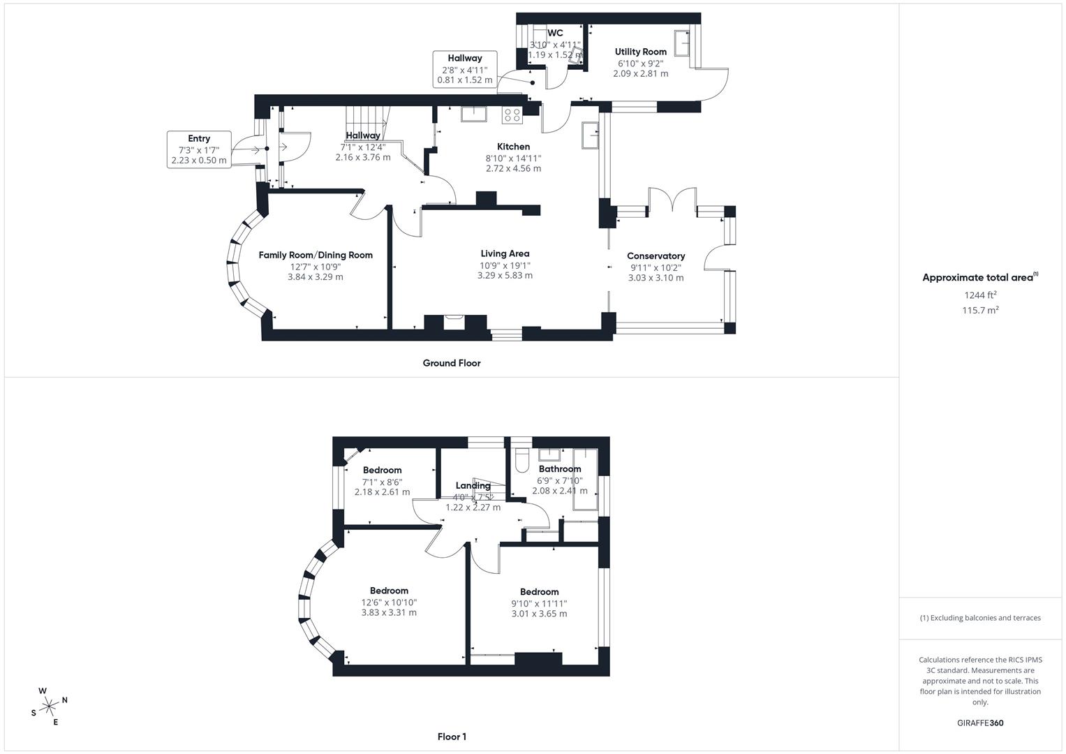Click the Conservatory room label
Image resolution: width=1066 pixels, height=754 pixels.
(x=656, y=256)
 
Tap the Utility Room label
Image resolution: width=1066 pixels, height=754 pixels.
(x=640, y=52)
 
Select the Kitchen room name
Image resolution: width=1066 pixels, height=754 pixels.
(x=513, y=147)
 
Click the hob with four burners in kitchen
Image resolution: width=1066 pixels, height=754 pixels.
(x=512, y=114)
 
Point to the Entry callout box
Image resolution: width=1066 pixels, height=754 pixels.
(x=199, y=149)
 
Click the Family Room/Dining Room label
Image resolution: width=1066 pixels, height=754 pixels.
(x=316, y=255)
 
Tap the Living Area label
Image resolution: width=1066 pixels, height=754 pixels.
(x=505, y=253)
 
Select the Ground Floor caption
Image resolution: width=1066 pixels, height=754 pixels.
(x=451, y=363)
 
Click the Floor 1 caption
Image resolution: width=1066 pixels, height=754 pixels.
(x=452, y=737)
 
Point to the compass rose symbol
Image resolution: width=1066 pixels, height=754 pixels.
(x=49, y=707)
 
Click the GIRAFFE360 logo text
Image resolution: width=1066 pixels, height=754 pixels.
(x=979, y=723)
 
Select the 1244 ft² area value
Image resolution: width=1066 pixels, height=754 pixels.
(x=980, y=295)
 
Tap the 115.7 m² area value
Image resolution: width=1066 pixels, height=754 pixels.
(x=980, y=310)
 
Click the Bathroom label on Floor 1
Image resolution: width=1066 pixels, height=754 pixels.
(x=559, y=469)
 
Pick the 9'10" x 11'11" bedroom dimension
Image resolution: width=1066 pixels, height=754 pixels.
(x=539, y=603)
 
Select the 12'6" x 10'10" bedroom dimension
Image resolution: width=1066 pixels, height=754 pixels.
(x=389, y=602)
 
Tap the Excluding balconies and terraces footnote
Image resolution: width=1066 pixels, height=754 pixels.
(x=980, y=618)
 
